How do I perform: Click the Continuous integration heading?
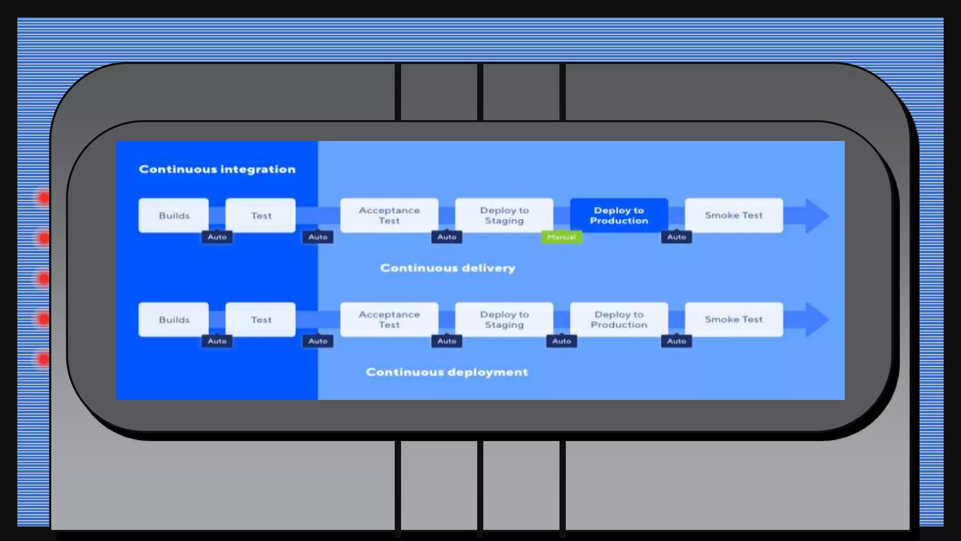coord(217,169)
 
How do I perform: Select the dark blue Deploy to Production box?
coord(618,216)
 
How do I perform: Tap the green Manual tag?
coord(561,237)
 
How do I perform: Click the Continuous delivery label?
coord(447,268)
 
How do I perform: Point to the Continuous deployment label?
coord(446,372)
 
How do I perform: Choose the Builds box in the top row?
coord(174,216)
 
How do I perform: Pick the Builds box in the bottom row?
coord(174,320)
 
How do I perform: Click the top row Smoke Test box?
coord(733,216)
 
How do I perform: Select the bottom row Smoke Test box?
coord(733,320)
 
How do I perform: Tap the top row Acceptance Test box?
coord(389,216)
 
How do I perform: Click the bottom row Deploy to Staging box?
coord(504,320)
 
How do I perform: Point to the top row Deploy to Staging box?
coord(504,216)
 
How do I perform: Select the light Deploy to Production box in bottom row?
coord(618,320)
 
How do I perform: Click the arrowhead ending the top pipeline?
coord(816,216)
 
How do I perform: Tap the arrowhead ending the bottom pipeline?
coord(816,320)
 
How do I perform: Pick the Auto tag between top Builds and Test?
coord(217,237)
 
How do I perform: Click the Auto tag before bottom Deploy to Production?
coord(561,341)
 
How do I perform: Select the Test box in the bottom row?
coord(260,320)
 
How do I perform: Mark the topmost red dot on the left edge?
coord(44,198)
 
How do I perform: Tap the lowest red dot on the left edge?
coord(44,359)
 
